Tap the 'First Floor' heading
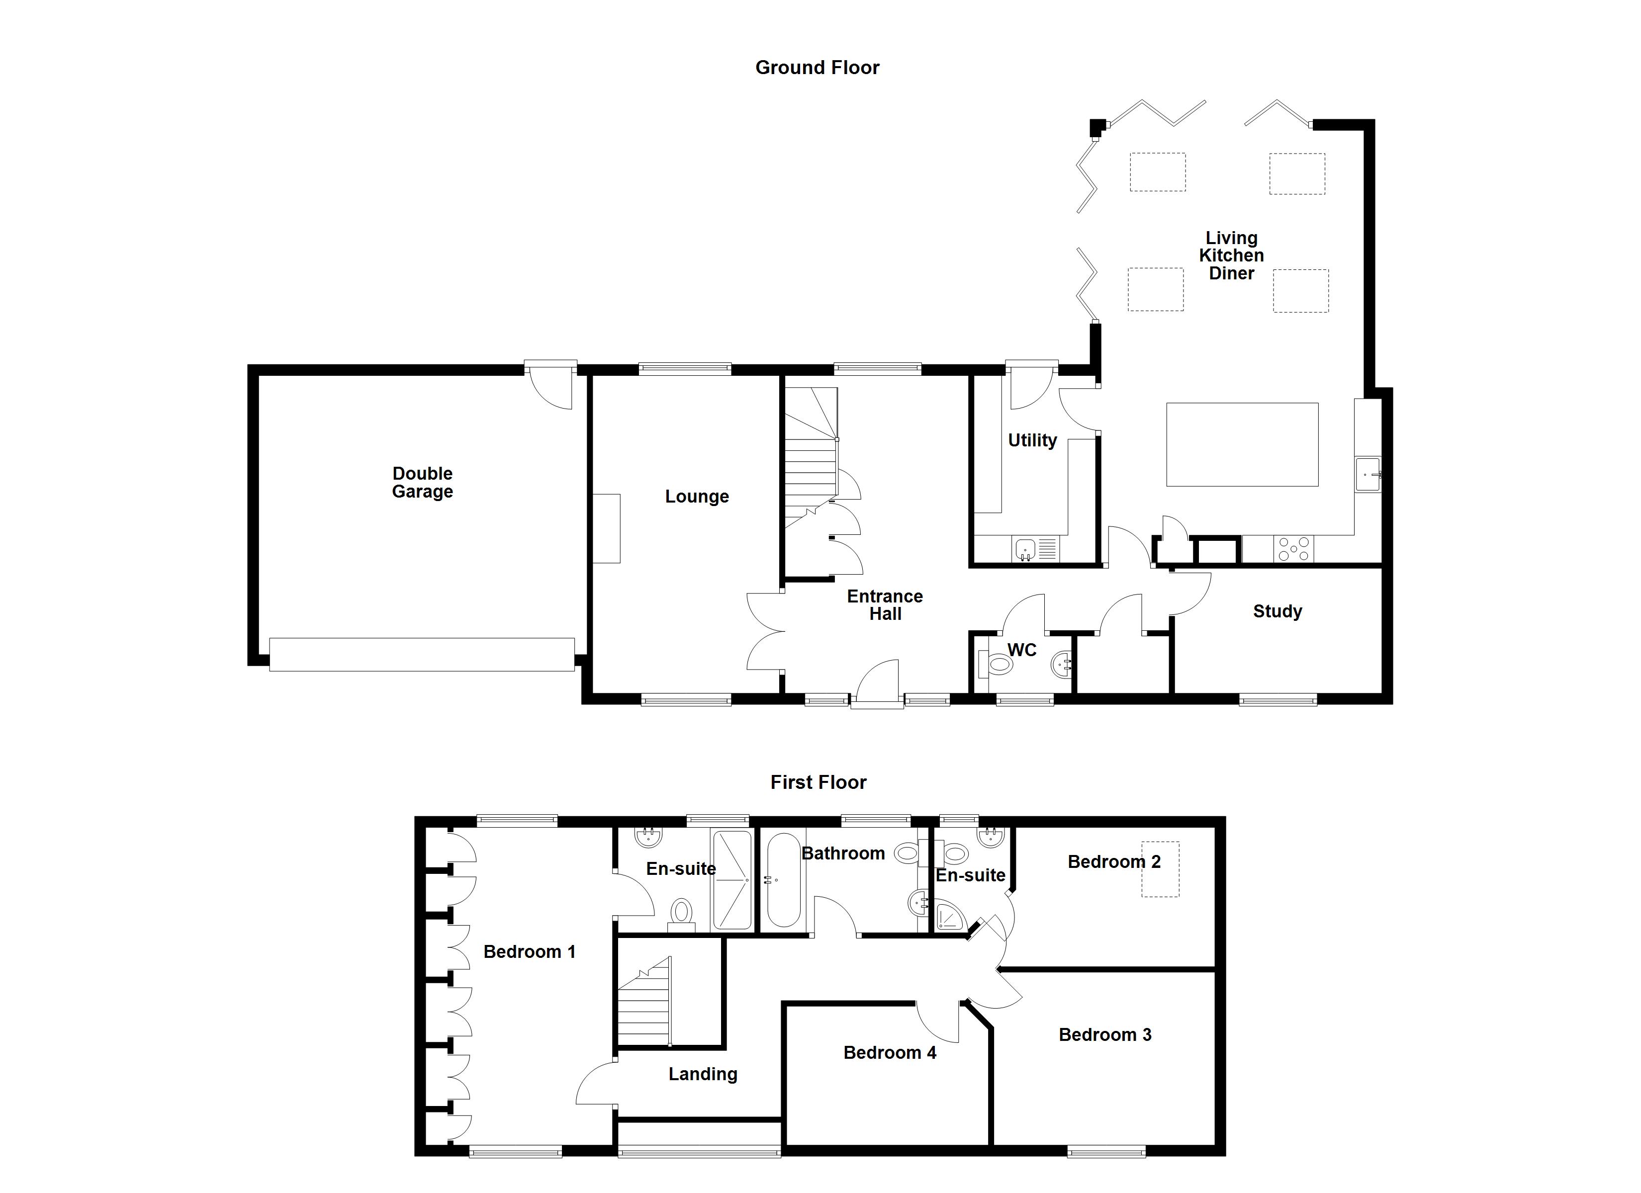coord(818,782)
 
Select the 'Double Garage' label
coord(423,483)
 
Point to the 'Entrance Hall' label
coord(885,605)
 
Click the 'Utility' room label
coord(1032,440)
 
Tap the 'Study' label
coord(1277,612)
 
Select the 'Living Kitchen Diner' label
coord(1231,256)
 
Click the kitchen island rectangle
coord(1242,444)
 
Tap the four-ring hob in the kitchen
coord(1294,548)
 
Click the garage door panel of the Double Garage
coord(422,654)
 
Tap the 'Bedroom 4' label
coord(889,1053)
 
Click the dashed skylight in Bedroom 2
coord(1161,869)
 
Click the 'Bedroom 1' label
coord(529,952)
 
